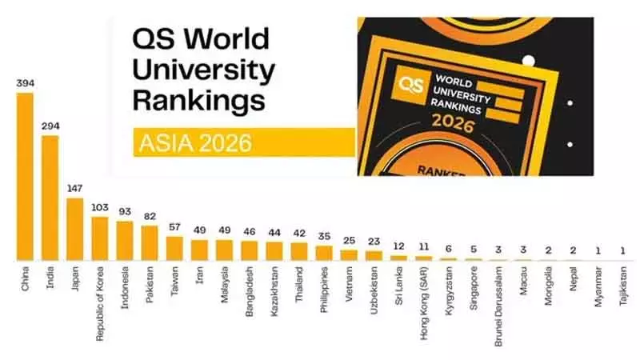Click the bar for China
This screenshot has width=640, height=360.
click(25, 177)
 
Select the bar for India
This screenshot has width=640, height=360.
click(50, 198)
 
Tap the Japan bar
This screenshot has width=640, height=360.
click(75, 230)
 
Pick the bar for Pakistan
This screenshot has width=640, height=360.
click(150, 243)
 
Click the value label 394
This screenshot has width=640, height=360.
click(26, 83)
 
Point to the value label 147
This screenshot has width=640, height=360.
click(75, 189)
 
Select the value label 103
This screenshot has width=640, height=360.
click(100, 207)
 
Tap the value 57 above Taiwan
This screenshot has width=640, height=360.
click(174, 227)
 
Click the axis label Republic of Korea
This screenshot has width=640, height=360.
click(100, 304)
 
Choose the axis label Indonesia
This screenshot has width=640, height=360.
click(125, 287)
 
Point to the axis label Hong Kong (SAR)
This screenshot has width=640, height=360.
click(424, 303)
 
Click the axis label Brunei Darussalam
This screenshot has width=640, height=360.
click(498, 306)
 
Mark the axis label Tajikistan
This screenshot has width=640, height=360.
click(623, 286)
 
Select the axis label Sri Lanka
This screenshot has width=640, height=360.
click(399, 286)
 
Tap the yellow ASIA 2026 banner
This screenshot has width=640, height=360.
click(245, 142)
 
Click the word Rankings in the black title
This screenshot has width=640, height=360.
click(198, 101)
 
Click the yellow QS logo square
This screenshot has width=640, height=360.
click(411, 86)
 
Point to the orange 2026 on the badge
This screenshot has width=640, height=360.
click(453, 123)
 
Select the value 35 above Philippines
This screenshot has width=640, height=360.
click(324, 236)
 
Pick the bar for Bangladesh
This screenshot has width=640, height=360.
click(250, 250)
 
